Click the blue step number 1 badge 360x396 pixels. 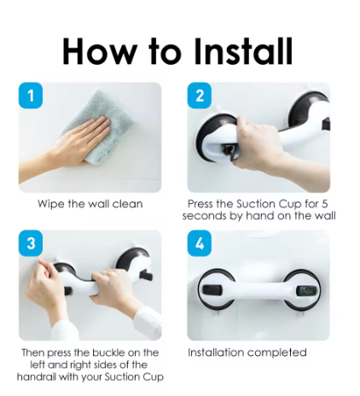point(31,96)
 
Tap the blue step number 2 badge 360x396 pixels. point(200,96)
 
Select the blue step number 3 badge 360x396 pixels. point(31,243)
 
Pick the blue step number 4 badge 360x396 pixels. point(200,243)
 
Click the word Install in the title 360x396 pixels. point(243,52)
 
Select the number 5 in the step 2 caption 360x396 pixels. point(325,204)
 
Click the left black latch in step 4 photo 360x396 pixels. point(212,290)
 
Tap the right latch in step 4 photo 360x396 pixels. point(306,291)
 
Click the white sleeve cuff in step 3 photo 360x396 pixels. point(148,322)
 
